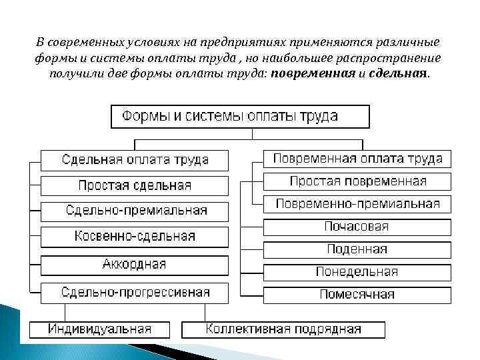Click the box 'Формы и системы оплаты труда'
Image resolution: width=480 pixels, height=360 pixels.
tap(239, 116)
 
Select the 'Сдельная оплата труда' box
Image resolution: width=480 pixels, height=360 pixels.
tap(135, 160)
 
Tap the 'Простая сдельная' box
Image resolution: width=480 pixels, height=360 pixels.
tap(135, 185)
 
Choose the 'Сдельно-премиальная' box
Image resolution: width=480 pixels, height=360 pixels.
tap(135, 211)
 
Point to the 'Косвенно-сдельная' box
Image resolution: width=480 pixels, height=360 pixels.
tap(135, 236)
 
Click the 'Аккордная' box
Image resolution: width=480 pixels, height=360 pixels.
tap(135, 264)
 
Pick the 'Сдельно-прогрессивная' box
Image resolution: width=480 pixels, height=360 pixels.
tap(135, 292)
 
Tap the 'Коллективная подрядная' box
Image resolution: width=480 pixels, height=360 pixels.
tap(283, 329)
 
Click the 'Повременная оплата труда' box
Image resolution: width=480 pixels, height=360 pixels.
tap(357, 159)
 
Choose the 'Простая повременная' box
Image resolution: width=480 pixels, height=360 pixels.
tap(357, 181)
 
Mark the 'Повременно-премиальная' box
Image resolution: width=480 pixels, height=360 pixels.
tap(357, 204)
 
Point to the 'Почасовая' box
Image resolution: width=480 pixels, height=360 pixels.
tap(357, 227)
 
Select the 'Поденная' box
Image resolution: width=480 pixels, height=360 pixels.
tap(357, 249)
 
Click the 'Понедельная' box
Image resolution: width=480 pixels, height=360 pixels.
tap(357, 272)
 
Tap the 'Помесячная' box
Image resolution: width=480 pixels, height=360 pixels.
tap(357, 294)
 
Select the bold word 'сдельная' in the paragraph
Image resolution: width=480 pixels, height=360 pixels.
tap(398, 73)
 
